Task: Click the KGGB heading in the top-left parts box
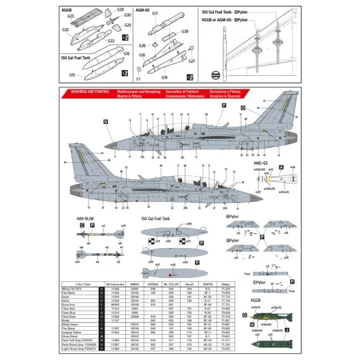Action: tap(66, 11)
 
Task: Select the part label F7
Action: tap(138, 78)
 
